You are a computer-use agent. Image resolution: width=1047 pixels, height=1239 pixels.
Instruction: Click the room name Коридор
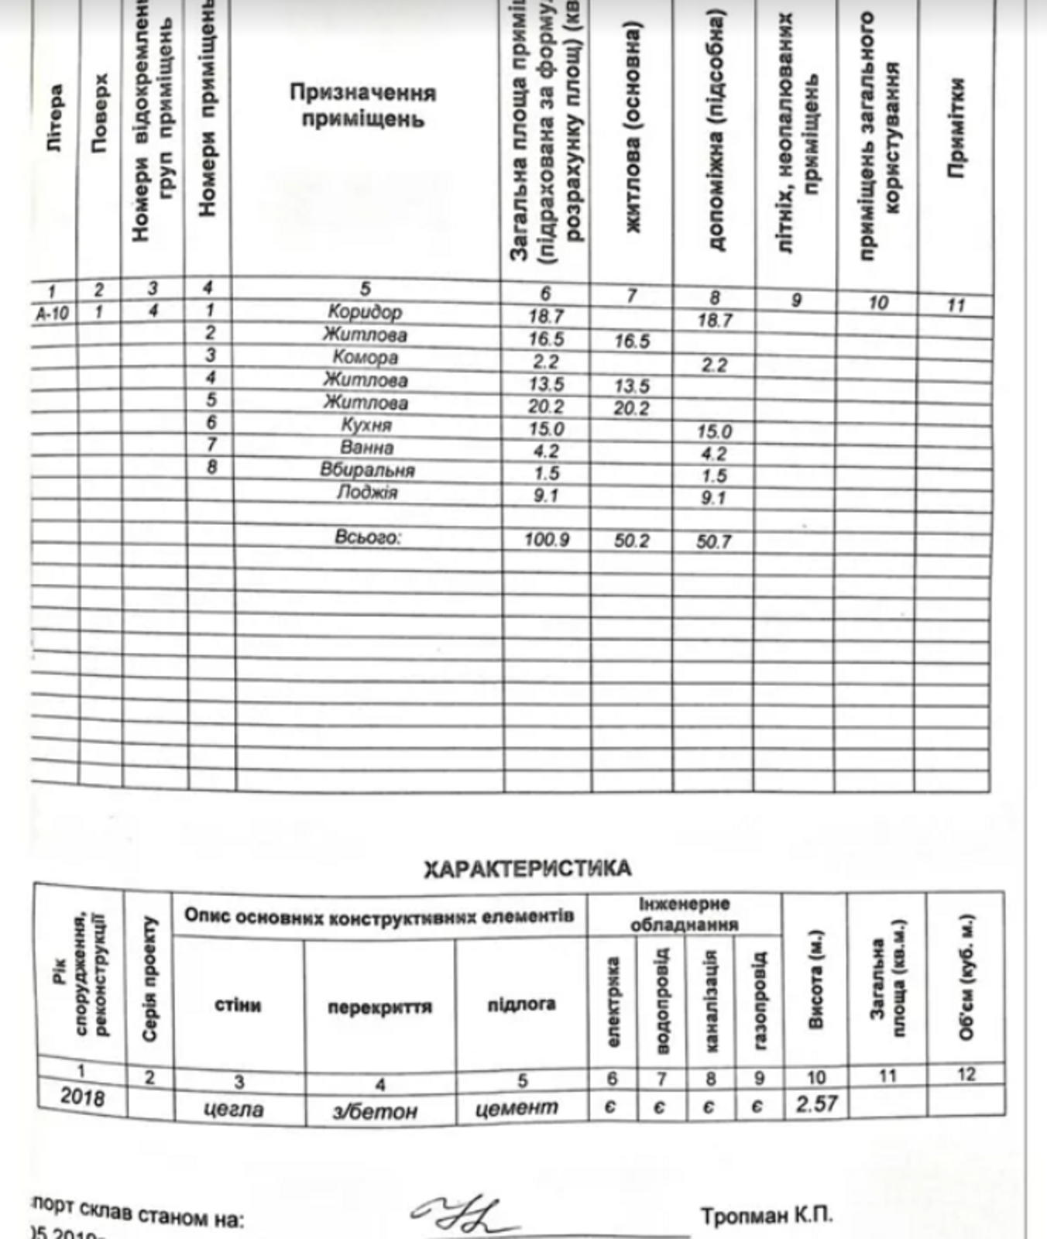364,312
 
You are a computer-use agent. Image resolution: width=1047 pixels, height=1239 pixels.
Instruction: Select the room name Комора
365,358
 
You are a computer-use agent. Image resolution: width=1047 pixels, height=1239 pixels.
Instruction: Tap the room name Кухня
366,425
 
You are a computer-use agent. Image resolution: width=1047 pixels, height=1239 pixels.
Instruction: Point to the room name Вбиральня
367,470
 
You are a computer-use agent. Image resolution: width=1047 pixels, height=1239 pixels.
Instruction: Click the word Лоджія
367,493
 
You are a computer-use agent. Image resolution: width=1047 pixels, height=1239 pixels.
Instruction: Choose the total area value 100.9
547,539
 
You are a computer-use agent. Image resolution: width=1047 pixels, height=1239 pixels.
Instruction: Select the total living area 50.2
631,541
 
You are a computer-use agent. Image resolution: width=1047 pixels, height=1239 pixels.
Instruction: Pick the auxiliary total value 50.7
713,541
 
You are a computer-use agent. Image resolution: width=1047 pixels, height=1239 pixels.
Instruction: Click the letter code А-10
53,313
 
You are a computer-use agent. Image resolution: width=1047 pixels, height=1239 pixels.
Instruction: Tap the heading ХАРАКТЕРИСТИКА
527,869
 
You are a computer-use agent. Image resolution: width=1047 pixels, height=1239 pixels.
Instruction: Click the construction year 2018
81,1097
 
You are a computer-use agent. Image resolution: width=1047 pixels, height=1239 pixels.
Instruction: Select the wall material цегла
233,1109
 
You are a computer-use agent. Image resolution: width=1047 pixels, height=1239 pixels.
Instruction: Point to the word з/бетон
375,1111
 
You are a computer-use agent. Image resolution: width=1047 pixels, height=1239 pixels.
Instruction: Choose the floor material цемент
517,1108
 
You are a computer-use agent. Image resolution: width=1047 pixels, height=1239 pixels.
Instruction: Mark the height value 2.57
816,1103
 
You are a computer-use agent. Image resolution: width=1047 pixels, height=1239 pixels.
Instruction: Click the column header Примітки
957,128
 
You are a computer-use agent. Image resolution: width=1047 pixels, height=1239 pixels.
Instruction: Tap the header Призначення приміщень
363,106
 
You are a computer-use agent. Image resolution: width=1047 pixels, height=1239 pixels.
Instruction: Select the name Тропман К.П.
767,1216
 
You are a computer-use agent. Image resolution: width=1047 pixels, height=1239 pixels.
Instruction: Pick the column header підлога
521,1004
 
